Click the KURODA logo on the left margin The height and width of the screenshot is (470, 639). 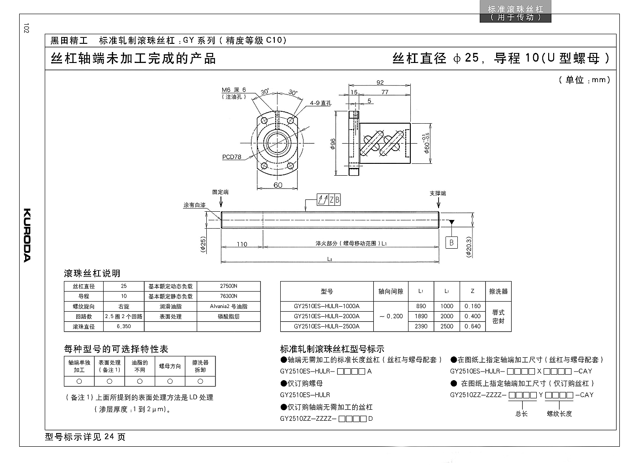pyautogui.click(x=27, y=235)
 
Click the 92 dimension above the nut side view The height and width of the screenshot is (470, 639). pyautogui.click(x=380, y=83)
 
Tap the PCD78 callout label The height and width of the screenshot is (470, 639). pyautogui.click(x=232, y=157)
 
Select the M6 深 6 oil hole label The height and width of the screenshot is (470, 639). pyautogui.click(x=234, y=90)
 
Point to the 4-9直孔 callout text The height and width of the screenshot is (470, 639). pyautogui.click(x=320, y=103)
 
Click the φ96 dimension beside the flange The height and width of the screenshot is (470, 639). pyautogui.click(x=333, y=144)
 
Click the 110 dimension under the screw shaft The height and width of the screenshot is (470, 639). pyautogui.click(x=242, y=244)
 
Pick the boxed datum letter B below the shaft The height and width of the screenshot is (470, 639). pyautogui.click(x=451, y=243)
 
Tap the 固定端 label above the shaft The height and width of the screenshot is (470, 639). pyautogui.click(x=220, y=192)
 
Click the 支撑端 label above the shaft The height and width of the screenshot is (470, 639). pyautogui.click(x=438, y=193)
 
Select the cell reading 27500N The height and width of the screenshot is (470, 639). pyautogui.click(x=229, y=286)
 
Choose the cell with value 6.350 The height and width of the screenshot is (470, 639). pyautogui.click(x=124, y=326)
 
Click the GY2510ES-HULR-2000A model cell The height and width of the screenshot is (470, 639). pyautogui.click(x=327, y=316)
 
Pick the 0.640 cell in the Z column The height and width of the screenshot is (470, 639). pyautogui.click(x=472, y=326)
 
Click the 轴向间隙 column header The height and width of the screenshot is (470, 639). pyautogui.click(x=391, y=291)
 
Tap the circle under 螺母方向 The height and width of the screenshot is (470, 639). pyautogui.click(x=170, y=381)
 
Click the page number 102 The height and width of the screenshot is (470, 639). pyautogui.click(x=26, y=28)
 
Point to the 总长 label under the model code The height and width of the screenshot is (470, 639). pyautogui.click(x=521, y=414)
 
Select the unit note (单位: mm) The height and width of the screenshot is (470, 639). pyautogui.click(x=585, y=80)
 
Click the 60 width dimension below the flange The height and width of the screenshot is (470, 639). pyautogui.click(x=278, y=185)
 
